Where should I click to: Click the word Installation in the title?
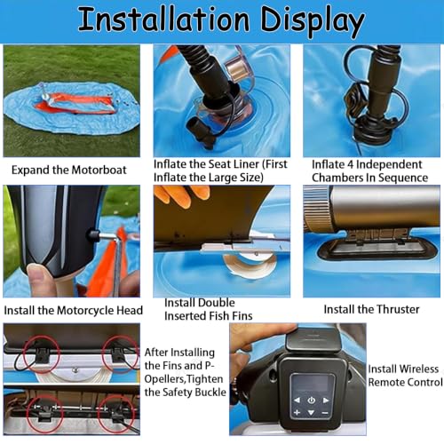pyautogui.click(x=163, y=20)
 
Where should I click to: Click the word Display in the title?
pyautogui.click(x=313, y=21)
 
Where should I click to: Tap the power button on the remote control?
pyautogui.click(x=311, y=400)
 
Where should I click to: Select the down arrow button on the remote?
pyautogui.click(x=311, y=412)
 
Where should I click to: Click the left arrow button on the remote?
pyautogui.click(x=297, y=400)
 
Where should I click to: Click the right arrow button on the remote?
pyautogui.click(x=326, y=400)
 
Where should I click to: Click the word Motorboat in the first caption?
pyautogui.click(x=99, y=170)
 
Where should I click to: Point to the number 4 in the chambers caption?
pyautogui.click(x=350, y=164)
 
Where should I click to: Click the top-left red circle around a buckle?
pyautogui.click(x=42, y=354)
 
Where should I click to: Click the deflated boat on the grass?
pyautogui.click(x=72, y=108)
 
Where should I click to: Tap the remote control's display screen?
pyautogui.click(x=313, y=385)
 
